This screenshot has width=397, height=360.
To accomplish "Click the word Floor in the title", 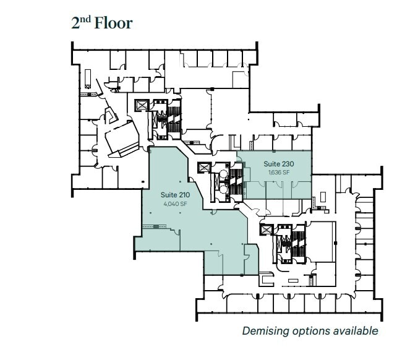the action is click(113, 24).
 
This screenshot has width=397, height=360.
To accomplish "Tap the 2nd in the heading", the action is click(81, 23).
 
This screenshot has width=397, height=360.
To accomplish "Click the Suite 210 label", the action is click(175, 195).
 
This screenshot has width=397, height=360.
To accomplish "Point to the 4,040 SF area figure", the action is click(175, 204).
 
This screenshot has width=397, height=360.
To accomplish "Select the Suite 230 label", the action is click(279, 164).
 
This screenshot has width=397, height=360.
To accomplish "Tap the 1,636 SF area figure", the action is click(279, 173).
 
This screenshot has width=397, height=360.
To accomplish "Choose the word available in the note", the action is click(356, 331).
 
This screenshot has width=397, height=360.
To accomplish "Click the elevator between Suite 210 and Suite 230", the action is click(204, 168).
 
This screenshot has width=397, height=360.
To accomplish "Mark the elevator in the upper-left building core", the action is click(141, 105).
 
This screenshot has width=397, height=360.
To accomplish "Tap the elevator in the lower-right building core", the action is click(266, 229).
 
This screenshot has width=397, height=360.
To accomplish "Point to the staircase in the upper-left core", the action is click(174, 119).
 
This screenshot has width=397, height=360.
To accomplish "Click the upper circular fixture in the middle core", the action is click(223, 174).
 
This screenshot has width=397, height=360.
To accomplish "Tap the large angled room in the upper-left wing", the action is click(122, 138).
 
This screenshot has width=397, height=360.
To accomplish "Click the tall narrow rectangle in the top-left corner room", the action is click(88, 79).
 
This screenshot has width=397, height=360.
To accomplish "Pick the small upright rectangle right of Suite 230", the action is click(323, 197).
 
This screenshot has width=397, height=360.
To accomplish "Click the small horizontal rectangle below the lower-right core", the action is click(294, 280).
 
